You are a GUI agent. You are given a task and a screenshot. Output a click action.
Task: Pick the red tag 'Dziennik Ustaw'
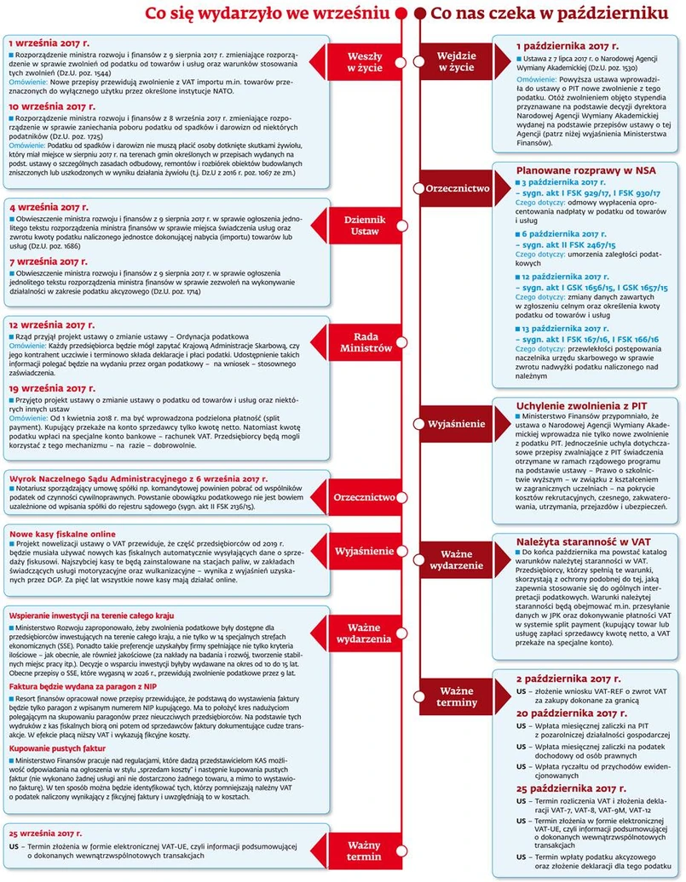[365, 226]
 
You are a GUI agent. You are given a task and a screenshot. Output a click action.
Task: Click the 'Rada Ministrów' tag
[365, 342]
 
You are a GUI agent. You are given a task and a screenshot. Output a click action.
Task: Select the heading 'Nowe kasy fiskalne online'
[61, 534]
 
